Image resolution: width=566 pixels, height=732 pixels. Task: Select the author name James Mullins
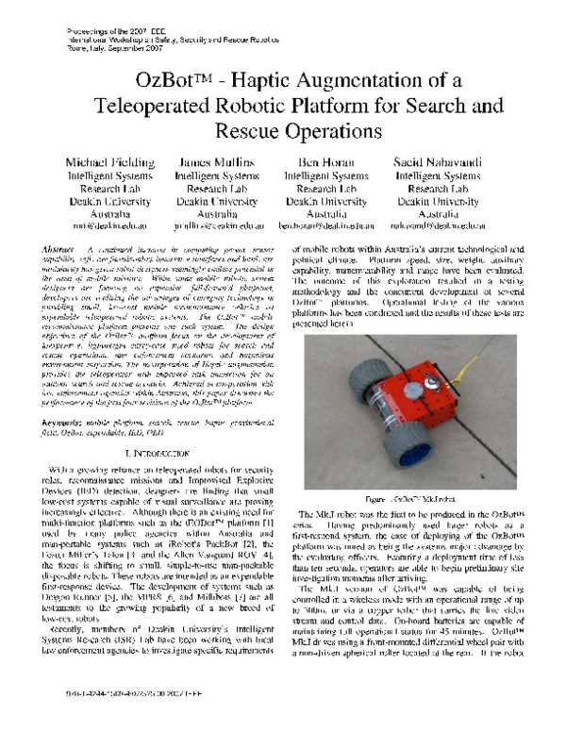pyautogui.click(x=216, y=162)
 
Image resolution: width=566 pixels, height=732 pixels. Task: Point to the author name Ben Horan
pyautogui.click(x=326, y=162)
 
